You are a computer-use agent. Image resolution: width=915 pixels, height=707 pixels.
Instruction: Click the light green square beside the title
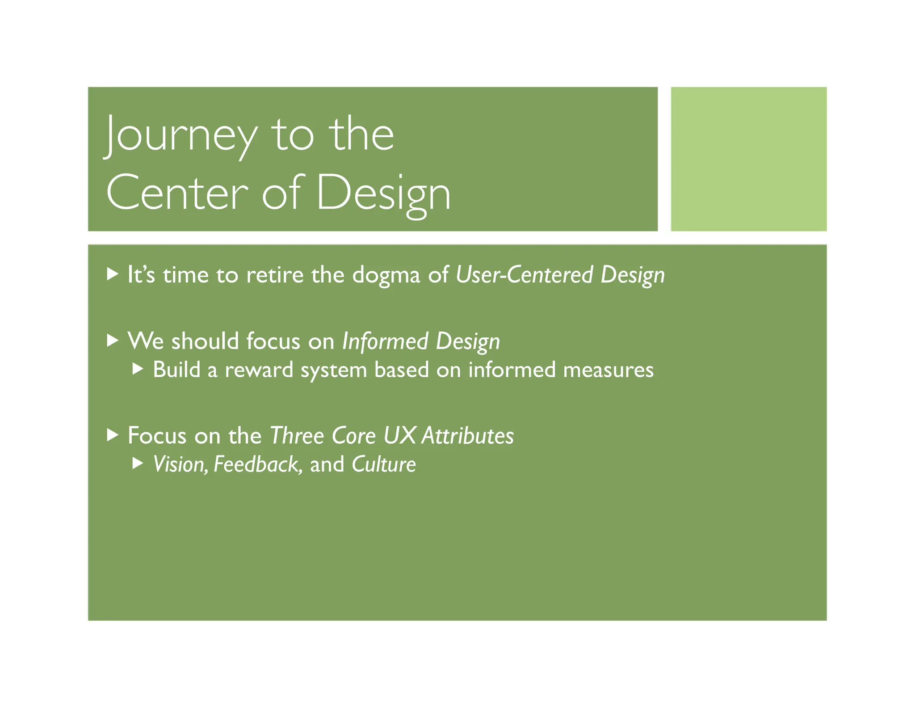click(748, 159)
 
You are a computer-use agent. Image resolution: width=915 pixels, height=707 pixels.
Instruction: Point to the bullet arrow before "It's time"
click(113, 274)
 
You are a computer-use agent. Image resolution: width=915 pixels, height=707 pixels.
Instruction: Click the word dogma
click(386, 275)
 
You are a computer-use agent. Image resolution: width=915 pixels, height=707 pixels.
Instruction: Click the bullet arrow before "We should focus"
click(113, 341)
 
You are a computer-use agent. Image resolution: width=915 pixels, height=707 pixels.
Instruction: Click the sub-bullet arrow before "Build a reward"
click(138, 369)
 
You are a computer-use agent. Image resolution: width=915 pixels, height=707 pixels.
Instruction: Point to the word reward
click(259, 370)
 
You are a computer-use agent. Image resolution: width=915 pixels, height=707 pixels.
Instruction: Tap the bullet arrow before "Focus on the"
click(113, 435)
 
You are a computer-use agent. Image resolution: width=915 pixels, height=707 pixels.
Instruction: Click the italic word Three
click(297, 435)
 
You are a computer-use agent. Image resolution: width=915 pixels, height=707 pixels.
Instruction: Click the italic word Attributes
click(468, 435)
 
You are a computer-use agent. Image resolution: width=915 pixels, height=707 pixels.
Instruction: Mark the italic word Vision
click(180, 464)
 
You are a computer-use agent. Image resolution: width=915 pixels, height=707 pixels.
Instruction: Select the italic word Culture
click(384, 464)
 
